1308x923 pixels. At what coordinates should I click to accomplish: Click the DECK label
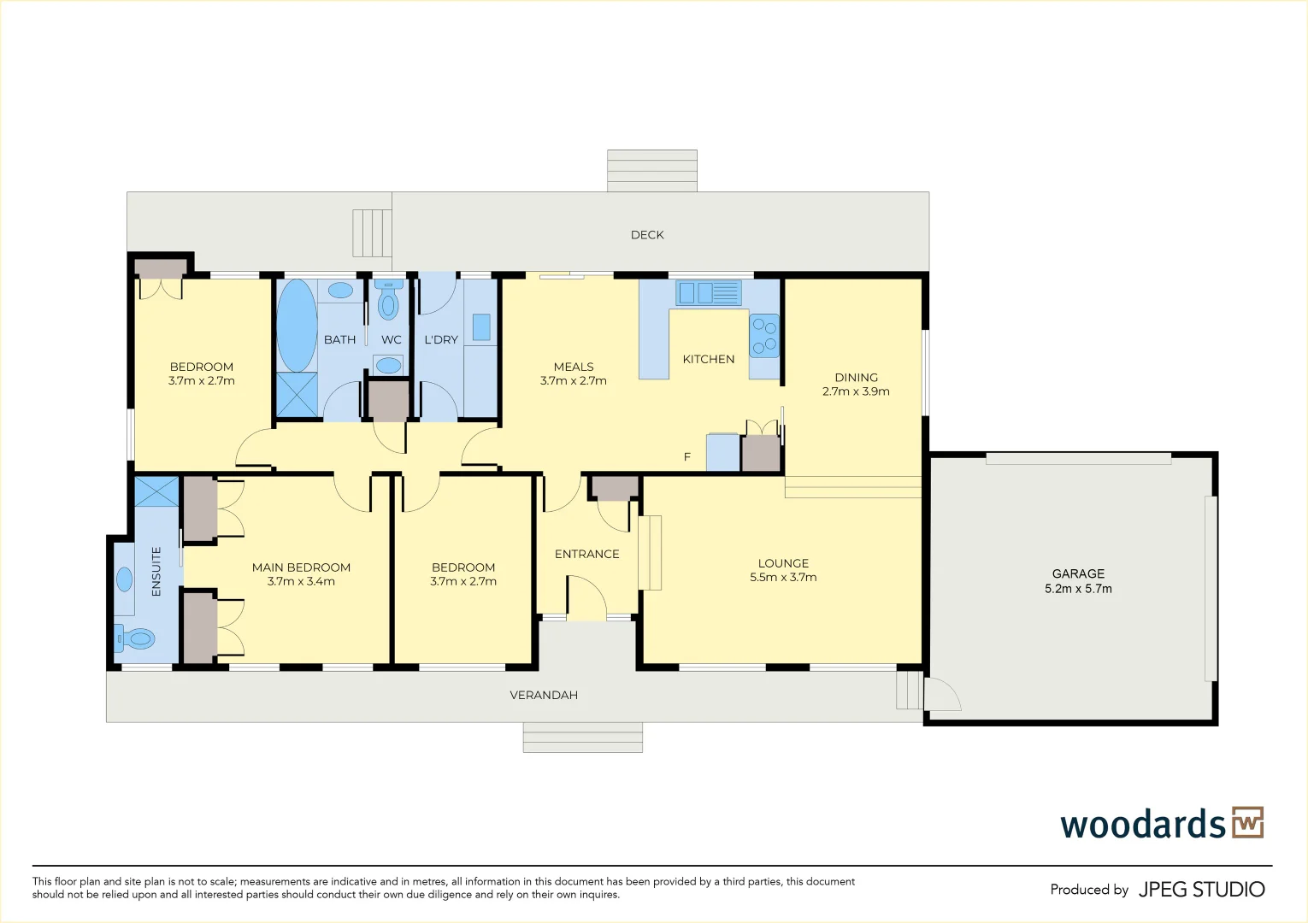[x=647, y=235]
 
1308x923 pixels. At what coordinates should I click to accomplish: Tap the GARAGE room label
[x=1078, y=573]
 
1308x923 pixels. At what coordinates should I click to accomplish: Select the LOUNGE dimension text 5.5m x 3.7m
[x=783, y=578]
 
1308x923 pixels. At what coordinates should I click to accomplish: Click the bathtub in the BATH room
[x=297, y=325]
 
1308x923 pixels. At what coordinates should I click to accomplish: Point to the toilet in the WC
[x=388, y=299]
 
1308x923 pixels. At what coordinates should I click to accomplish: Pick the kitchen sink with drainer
[x=709, y=293]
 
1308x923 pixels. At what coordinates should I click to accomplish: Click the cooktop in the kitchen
[x=764, y=336]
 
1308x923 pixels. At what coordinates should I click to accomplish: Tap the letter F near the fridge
[x=687, y=456]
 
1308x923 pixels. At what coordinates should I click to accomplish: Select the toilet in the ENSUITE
[x=134, y=638]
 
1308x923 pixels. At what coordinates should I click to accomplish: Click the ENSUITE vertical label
[x=156, y=572]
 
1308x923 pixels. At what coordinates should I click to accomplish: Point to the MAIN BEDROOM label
[x=301, y=567]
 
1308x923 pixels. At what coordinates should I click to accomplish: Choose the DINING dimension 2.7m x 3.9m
[x=856, y=391]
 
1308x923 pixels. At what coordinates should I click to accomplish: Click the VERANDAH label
[x=544, y=696]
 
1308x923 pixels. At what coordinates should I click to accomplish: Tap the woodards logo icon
[x=1248, y=823]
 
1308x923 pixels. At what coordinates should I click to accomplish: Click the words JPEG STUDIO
[x=1202, y=890]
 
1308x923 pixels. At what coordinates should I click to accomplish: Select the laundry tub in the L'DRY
[x=481, y=327]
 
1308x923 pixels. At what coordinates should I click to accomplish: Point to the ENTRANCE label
[x=586, y=554]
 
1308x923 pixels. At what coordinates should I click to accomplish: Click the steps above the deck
[x=652, y=170]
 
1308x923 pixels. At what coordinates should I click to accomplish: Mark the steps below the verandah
[x=583, y=738]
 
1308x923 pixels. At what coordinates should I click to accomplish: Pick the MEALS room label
[x=574, y=367]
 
